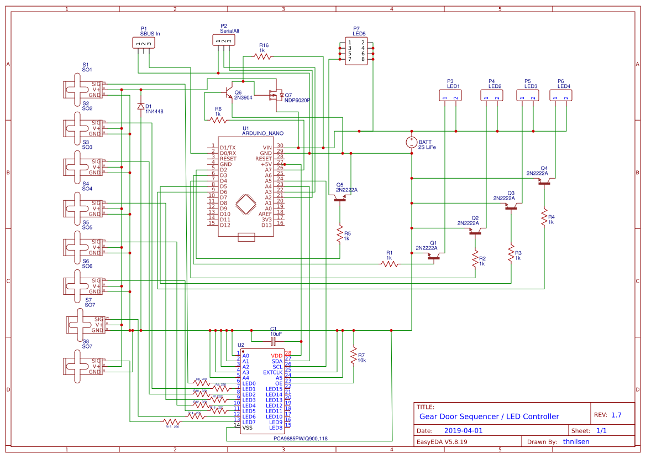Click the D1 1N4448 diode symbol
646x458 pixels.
point(141,106)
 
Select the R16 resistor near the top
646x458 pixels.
point(264,56)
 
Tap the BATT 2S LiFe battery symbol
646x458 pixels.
point(412,142)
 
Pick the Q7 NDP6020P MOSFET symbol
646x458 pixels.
point(275,96)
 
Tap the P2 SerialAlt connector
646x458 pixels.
point(223,40)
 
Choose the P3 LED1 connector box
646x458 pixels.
point(450,96)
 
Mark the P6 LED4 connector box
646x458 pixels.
point(561,96)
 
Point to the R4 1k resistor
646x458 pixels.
point(544,216)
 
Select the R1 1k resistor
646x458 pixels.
point(390,264)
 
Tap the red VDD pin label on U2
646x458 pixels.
point(277,356)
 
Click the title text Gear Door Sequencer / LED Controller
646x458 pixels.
point(489,417)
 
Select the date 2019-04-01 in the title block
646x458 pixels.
point(463,430)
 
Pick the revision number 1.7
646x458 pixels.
point(616,415)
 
